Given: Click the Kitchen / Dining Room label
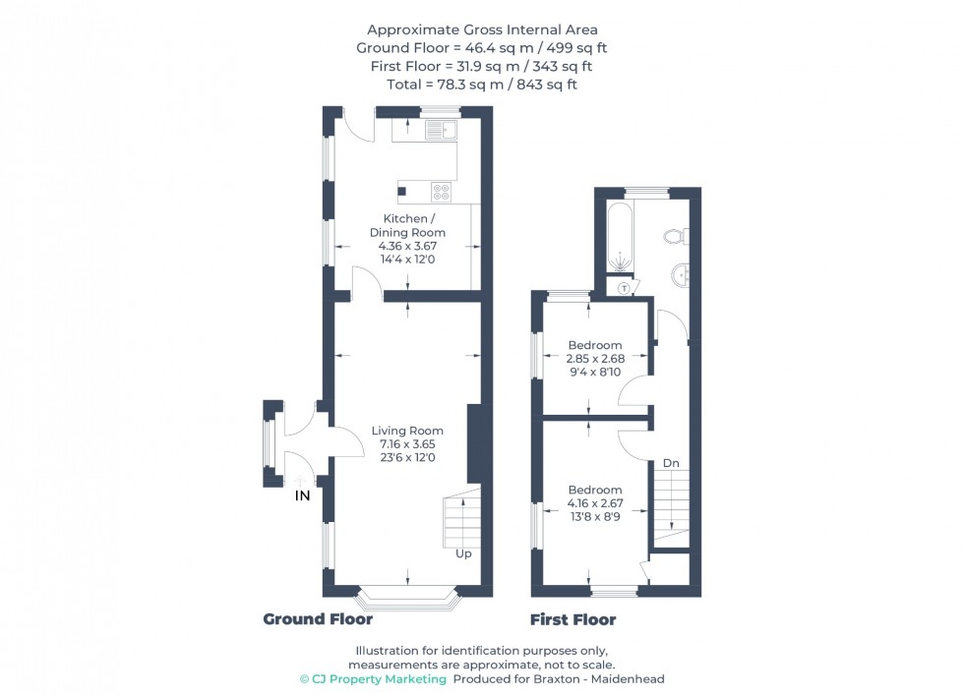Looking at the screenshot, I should tap(406, 225).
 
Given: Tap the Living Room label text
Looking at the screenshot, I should tap(406, 431).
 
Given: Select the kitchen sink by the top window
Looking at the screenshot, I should tap(439, 129).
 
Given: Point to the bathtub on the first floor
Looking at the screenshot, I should tap(621, 238).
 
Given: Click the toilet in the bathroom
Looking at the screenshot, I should tap(675, 236).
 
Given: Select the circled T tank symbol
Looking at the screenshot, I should tap(624, 288).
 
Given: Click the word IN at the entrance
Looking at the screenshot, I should tap(302, 496).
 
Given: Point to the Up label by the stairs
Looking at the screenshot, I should tap(463, 553).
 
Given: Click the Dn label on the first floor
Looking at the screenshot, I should tap(670, 462).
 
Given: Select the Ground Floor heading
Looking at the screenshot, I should tap(318, 619).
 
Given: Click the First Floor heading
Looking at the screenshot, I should tap(572, 619).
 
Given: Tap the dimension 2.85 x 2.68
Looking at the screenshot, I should tap(596, 359).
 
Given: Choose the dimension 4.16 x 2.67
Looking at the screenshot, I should tap(595, 503).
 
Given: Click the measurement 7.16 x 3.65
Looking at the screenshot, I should tap(406, 444).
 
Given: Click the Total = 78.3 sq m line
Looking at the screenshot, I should tap(481, 85).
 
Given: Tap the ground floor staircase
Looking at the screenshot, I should tap(457, 521).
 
